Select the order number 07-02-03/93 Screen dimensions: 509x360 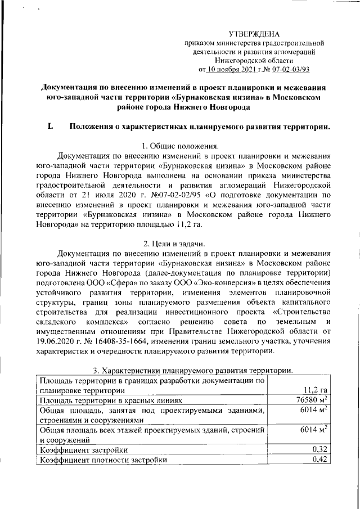pyautogui.click(x=289, y=70)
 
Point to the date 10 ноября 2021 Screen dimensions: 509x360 pyautogui.click(x=231, y=70)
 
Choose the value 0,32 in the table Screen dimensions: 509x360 pyautogui.click(x=319, y=450)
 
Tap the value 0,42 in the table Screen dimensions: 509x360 pyautogui.click(x=319, y=460)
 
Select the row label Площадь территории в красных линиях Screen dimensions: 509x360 pyautogui.click(x=109, y=401)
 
